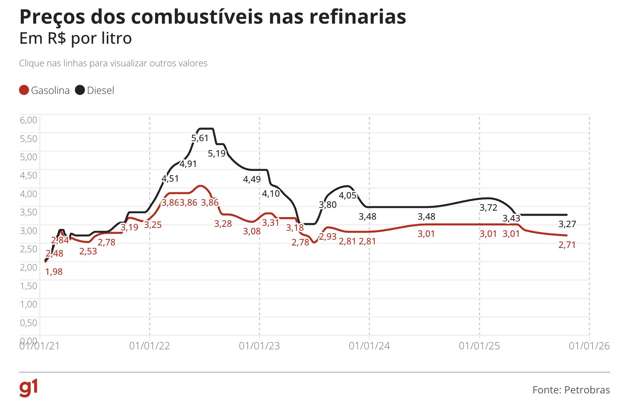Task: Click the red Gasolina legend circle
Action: point(24,90)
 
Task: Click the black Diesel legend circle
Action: point(80,90)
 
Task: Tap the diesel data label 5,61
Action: point(200,138)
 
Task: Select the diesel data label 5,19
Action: point(217,153)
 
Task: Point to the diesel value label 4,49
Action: point(252,179)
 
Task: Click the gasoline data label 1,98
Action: point(54,272)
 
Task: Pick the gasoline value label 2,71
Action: point(567,245)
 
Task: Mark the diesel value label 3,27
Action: point(567,224)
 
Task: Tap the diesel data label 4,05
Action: point(348,195)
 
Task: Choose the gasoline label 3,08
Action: point(252,231)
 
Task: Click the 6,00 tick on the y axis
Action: point(29,120)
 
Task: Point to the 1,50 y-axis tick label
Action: point(29,286)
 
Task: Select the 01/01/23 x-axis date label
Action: point(259,346)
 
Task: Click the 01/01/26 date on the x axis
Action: point(589,346)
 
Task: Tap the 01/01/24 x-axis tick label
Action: point(369,346)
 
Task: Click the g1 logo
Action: point(29,388)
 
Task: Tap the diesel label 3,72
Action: point(488,207)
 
